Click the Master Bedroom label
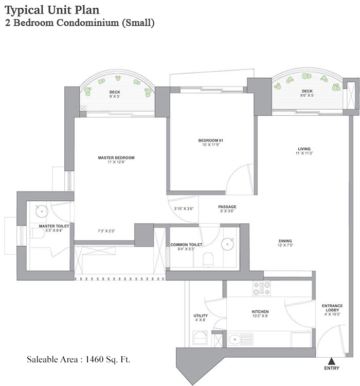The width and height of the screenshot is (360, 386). [116, 157]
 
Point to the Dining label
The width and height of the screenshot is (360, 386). [285, 240]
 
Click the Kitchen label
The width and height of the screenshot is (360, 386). [260, 312]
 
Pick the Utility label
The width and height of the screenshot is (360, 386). [200, 315]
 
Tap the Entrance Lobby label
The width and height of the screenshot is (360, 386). [332, 308]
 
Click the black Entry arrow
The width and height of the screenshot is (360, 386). [332, 361]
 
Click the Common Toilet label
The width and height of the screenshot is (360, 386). [186, 244]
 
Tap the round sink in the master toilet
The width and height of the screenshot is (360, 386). [41, 210]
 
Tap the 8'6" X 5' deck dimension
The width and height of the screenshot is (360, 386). [307, 95]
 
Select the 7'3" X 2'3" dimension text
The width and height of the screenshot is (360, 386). [105, 231]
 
